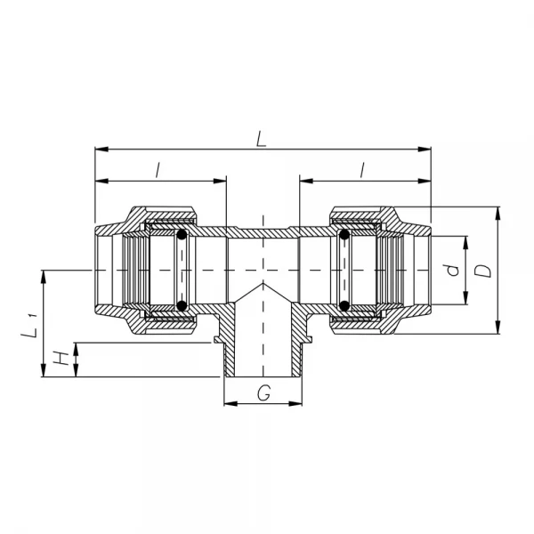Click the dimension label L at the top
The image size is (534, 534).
point(261,140)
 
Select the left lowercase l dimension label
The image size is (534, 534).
point(158,170)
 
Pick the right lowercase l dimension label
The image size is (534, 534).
point(362,170)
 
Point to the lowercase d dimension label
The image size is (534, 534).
point(453,270)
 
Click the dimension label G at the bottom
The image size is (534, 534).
point(264,392)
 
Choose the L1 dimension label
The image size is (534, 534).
point(29,327)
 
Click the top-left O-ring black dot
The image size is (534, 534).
point(182,235)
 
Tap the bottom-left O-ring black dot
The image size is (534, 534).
point(182,305)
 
